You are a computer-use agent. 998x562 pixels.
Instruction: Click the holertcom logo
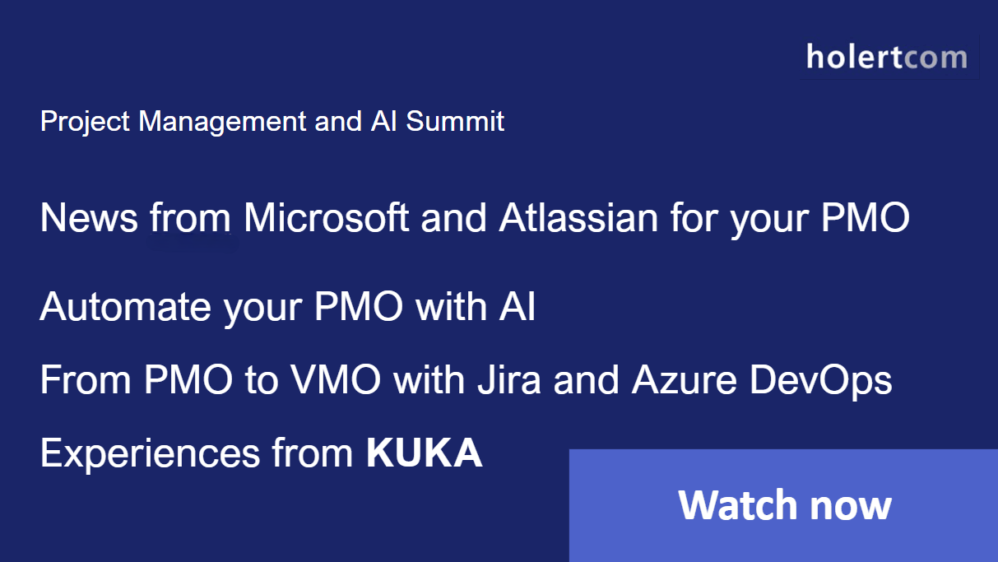[886, 58]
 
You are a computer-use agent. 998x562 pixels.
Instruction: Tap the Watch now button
[783, 504]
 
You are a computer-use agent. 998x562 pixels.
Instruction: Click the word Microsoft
[327, 218]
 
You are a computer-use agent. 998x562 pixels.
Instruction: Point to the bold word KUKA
[424, 453]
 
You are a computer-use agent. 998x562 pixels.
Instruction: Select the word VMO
[337, 380]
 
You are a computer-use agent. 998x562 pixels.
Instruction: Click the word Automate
[125, 308]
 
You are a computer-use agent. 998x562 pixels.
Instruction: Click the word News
[89, 218]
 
